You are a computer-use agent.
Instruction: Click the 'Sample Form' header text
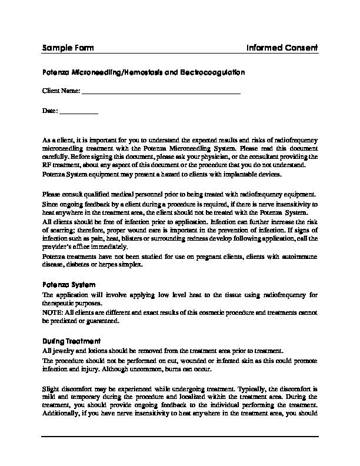tap(68, 47)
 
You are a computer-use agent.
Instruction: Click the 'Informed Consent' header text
tap(282, 47)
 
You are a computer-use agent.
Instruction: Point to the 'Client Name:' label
tap(61, 91)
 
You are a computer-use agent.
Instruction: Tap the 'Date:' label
tap(50, 110)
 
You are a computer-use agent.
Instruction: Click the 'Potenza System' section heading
tap(69, 284)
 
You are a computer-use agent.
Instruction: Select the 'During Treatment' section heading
tap(71, 341)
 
